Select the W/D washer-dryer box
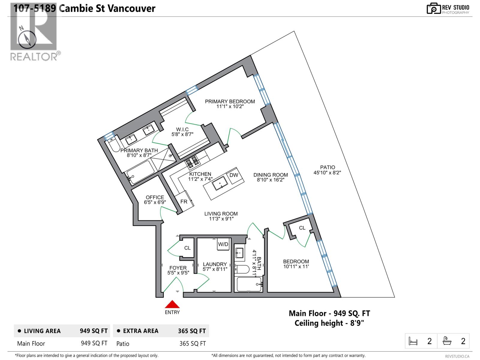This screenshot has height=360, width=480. click(x=223, y=244)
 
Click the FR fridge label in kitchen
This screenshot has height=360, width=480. click(x=184, y=202)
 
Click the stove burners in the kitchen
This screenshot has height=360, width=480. click(x=192, y=161)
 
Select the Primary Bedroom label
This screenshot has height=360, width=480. click(x=230, y=101)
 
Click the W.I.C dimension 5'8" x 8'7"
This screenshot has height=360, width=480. click(x=182, y=134)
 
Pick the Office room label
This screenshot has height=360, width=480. click(x=155, y=197)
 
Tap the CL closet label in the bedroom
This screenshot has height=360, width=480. click(x=302, y=228)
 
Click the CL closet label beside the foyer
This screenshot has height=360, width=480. click(x=187, y=248)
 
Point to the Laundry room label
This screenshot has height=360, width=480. click(x=214, y=264)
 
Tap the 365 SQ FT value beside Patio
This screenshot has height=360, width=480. click(x=192, y=343)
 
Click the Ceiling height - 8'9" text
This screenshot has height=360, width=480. click(x=329, y=323)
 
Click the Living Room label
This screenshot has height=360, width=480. click(x=221, y=214)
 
